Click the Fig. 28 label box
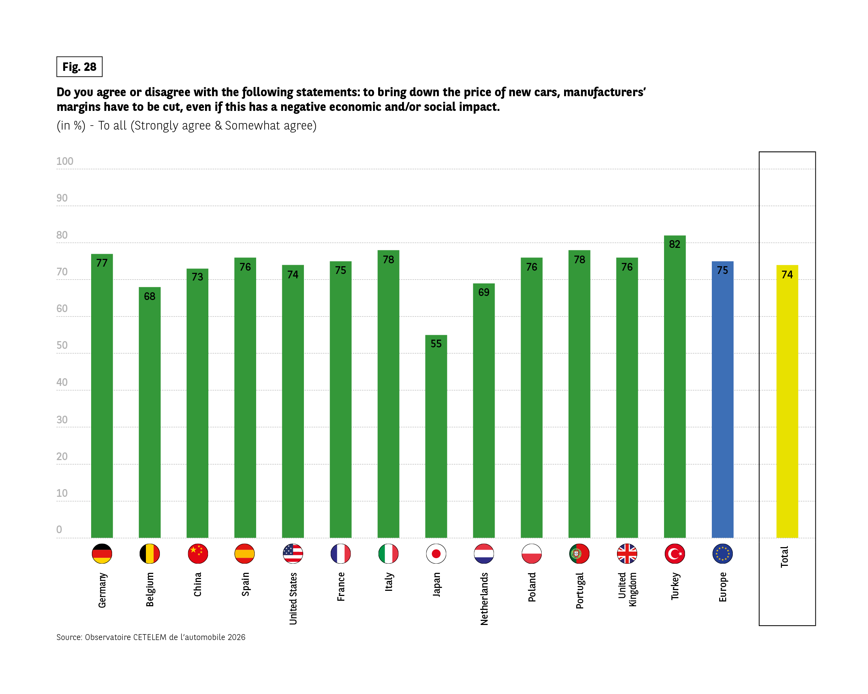[79, 67]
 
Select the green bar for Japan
[436, 438]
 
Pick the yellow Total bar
[787, 402]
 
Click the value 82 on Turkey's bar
[675, 244]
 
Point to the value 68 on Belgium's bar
[149, 296]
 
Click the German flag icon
[102, 554]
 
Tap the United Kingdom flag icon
[627, 554]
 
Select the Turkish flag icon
[675, 554]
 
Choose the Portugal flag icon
[579, 554]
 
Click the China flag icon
[198, 554]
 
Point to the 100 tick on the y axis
[64, 161]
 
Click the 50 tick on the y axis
[62, 346]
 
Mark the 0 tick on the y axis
[59, 529]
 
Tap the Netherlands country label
[484, 599]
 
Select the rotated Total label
[784, 557]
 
